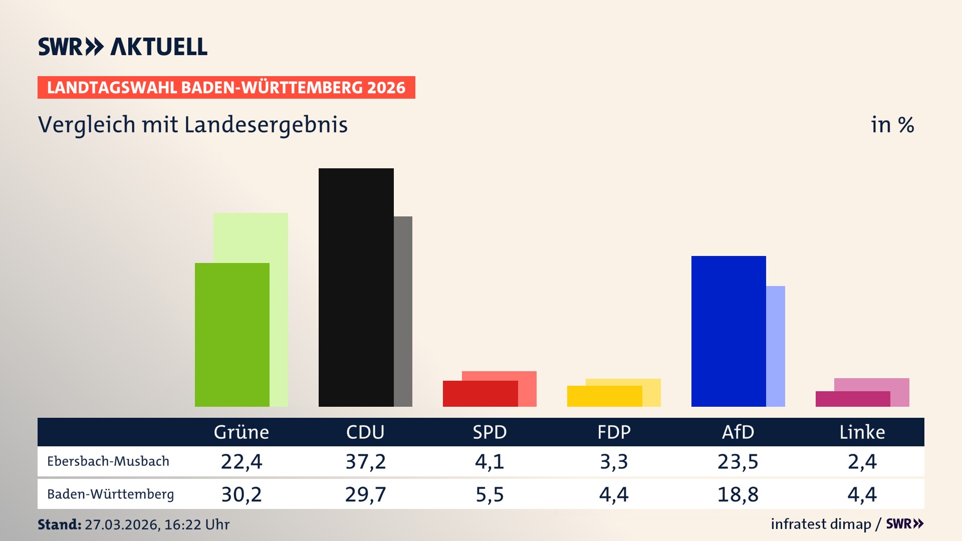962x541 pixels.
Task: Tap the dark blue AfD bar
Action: pyautogui.click(x=729, y=331)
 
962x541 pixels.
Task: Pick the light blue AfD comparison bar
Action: pyautogui.click(x=776, y=346)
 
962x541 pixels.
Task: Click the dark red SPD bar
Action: pyautogui.click(x=480, y=394)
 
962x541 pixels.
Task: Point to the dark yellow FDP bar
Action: pyautogui.click(x=604, y=396)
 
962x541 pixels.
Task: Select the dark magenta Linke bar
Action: pyautogui.click(x=853, y=399)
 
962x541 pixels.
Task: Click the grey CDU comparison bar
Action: pyautogui.click(x=403, y=311)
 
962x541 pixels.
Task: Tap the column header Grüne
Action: pyautogui.click(x=242, y=432)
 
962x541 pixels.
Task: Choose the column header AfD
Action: pyautogui.click(x=738, y=432)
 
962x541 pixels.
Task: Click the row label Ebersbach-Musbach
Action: pyautogui.click(x=108, y=461)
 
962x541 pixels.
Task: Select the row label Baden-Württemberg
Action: pyautogui.click(x=110, y=494)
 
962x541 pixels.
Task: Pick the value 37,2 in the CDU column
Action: pyautogui.click(x=366, y=461)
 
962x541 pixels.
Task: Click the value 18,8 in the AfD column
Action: pyautogui.click(x=738, y=494)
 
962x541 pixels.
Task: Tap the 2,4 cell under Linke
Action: pyautogui.click(x=862, y=461)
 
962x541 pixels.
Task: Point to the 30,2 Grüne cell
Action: pyautogui.click(x=242, y=494)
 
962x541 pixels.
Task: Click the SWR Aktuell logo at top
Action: pyautogui.click(x=123, y=47)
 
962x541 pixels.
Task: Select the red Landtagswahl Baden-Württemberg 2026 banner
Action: pyautogui.click(x=226, y=88)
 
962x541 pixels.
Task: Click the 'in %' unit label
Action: pyautogui.click(x=892, y=125)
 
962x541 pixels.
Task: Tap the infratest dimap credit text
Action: pyautogui.click(x=821, y=524)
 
